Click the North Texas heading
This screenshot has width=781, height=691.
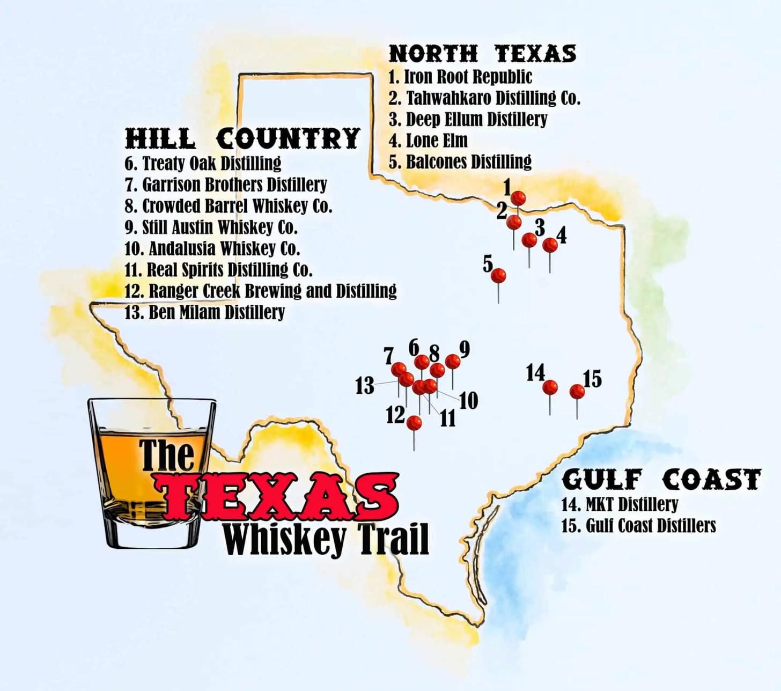[x=482, y=54]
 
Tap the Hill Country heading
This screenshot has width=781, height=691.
[x=242, y=138]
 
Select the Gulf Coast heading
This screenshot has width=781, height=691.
[x=661, y=479]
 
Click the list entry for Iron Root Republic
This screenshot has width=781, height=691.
[x=460, y=77]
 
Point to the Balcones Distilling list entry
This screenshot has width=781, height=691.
[x=460, y=161]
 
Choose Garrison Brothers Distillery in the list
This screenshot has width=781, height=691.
[x=226, y=185]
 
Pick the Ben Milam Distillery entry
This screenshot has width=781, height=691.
[x=204, y=312]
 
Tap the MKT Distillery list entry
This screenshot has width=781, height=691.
[x=620, y=504]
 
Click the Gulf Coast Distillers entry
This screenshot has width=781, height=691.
[x=638, y=525]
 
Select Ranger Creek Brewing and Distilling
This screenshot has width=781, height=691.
[x=261, y=291]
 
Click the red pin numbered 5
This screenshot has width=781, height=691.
[x=498, y=276]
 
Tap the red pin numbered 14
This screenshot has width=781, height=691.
[x=550, y=387]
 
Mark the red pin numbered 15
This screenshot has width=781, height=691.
[x=577, y=392]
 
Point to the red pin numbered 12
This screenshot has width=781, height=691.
[x=414, y=423]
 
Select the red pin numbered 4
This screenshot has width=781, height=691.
[x=550, y=245]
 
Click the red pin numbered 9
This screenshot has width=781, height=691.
[x=453, y=362]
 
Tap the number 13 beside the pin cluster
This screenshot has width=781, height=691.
[x=365, y=386]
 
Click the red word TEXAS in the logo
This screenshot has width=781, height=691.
[x=276, y=496]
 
